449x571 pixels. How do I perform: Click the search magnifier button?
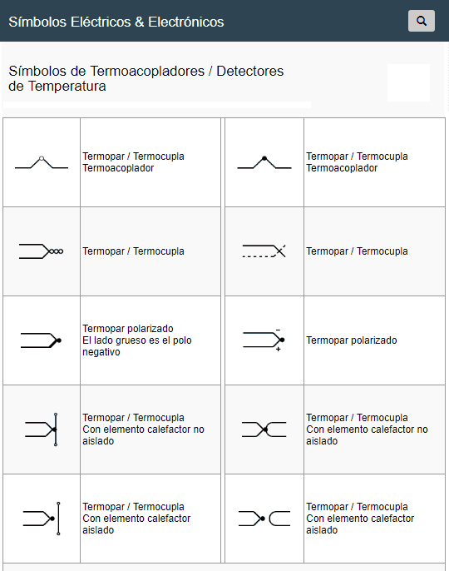(422, 21)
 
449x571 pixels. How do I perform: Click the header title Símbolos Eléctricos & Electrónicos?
(116, 22)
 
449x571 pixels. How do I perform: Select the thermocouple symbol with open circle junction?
(42, 162)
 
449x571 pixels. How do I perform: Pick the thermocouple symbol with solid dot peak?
(264, 162)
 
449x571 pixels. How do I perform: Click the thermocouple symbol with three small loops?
(42, 251)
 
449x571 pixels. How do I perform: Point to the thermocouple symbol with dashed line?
(264, 251)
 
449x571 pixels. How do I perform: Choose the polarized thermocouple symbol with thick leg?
(42, 340)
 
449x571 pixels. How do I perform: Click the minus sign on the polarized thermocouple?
(278, 329)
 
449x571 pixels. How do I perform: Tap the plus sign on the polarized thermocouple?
(278, 350)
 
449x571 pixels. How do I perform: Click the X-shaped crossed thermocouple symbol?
(264, 429)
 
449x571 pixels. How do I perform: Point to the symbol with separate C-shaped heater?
(264, 519)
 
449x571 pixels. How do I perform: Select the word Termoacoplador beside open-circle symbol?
(118, 168)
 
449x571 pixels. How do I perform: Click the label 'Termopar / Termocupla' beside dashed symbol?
(357, 251)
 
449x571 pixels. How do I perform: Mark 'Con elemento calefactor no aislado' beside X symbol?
(367, 435)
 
